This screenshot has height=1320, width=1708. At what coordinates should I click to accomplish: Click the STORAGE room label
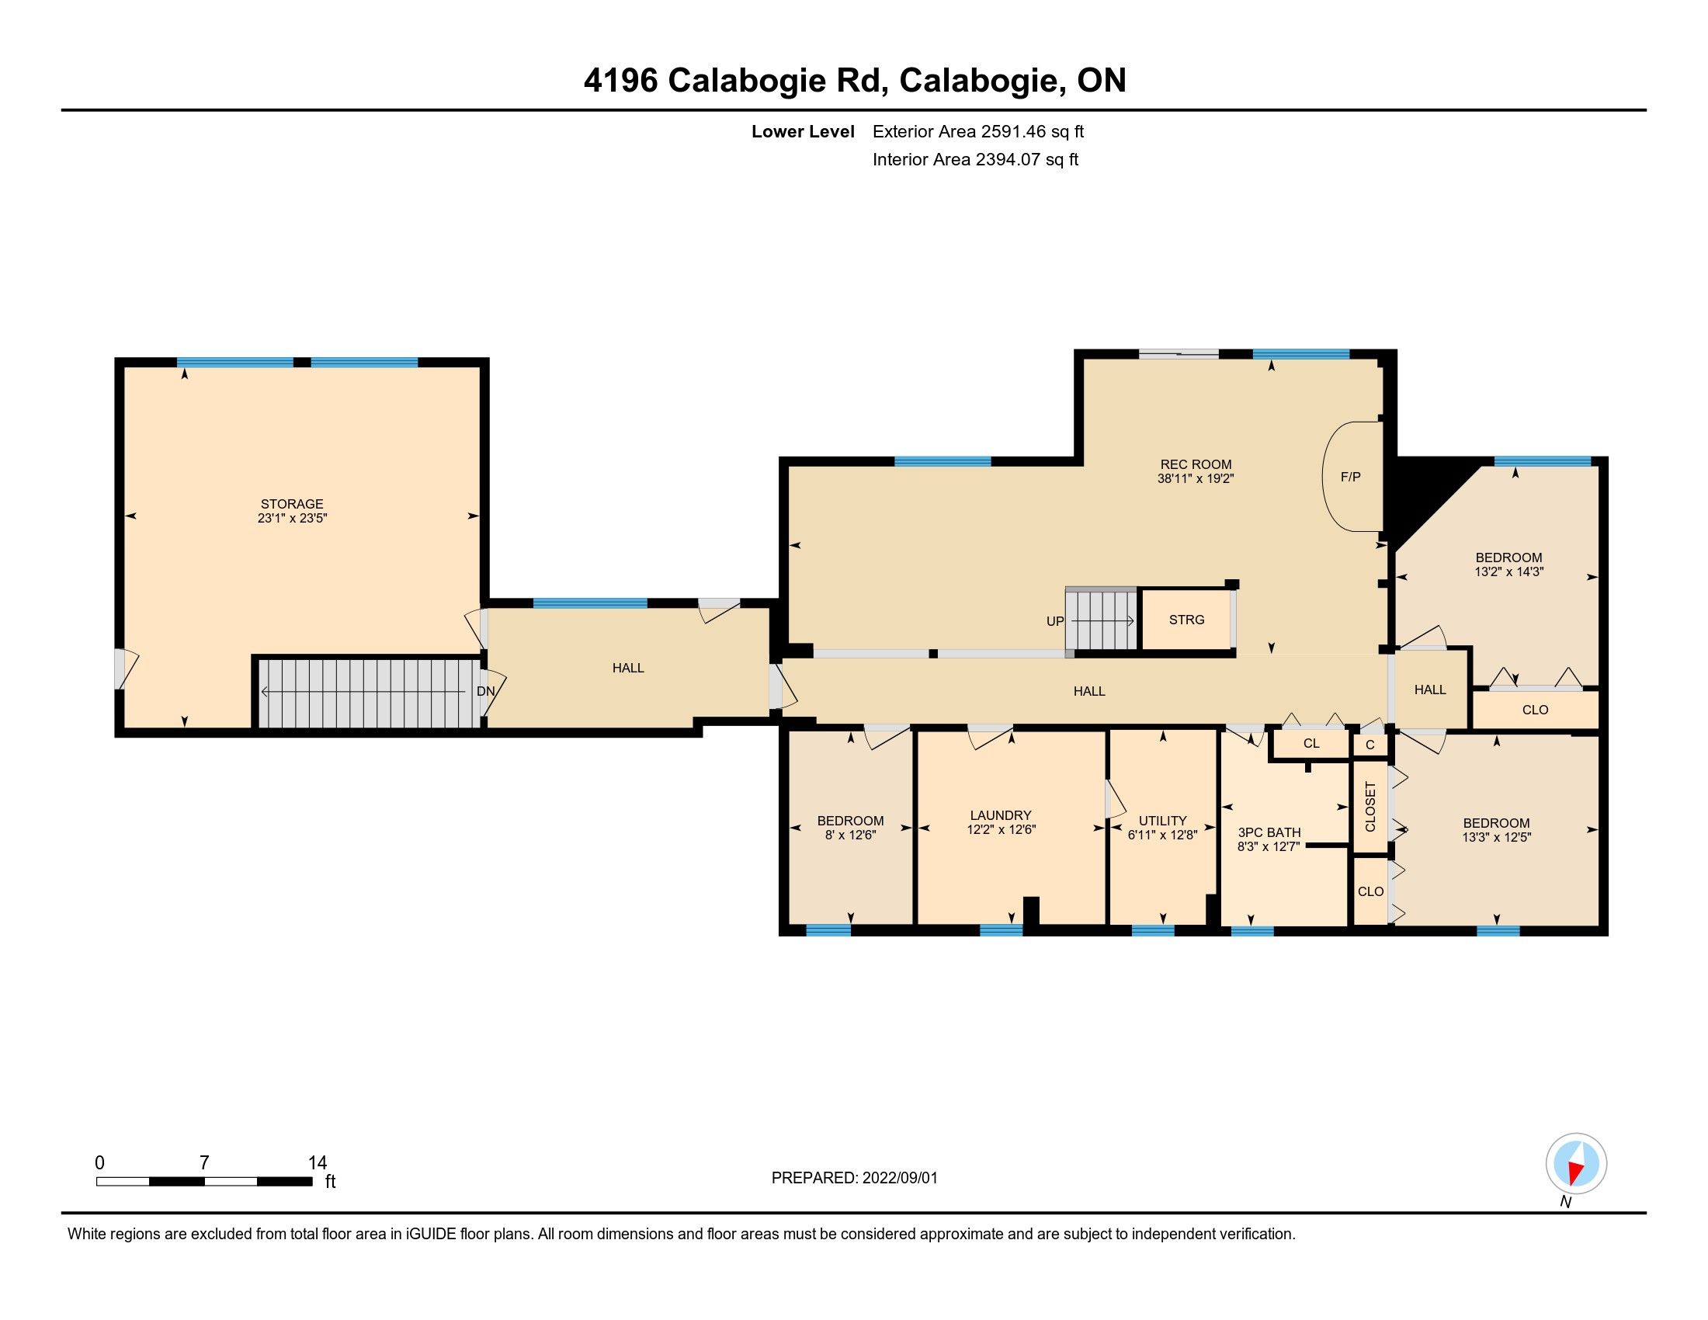tap(292, 504)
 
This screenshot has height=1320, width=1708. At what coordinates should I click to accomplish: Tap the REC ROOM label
tap(1196, 464)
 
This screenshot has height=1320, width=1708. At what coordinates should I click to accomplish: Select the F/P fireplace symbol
tap(1352, 476)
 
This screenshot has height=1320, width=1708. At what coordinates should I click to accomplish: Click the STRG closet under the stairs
tap(1186, 620)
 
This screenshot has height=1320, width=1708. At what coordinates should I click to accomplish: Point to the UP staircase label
tap(1055, 622)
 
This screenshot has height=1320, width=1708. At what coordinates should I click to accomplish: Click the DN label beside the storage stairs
tap(486, 691)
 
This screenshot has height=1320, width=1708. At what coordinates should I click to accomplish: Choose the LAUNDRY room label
tap(1001, 815)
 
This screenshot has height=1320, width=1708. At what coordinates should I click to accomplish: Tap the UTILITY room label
tap(1162, 820)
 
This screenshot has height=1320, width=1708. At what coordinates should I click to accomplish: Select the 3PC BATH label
tap(1269, 832)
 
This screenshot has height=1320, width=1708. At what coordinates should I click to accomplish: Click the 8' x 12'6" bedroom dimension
tap(850, 835)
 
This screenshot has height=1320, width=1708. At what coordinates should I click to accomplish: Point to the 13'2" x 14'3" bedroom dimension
tap(1508, 571)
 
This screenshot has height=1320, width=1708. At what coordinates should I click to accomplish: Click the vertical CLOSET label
tap(1370, 806)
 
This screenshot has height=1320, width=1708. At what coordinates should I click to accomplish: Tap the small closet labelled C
tap(1370, 745)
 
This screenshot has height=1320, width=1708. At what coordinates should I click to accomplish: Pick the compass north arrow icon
tap(1576, 1164)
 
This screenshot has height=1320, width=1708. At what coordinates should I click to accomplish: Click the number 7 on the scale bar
tap(204, 1163)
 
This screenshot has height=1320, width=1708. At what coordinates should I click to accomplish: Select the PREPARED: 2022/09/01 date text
tap(854, 1178)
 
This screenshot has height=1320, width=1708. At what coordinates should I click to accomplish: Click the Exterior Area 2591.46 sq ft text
tap(978, 131)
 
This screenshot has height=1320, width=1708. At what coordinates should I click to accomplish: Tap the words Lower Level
tap(804, 131)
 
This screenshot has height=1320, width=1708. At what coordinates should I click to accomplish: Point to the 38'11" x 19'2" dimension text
tap(1196, 478)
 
